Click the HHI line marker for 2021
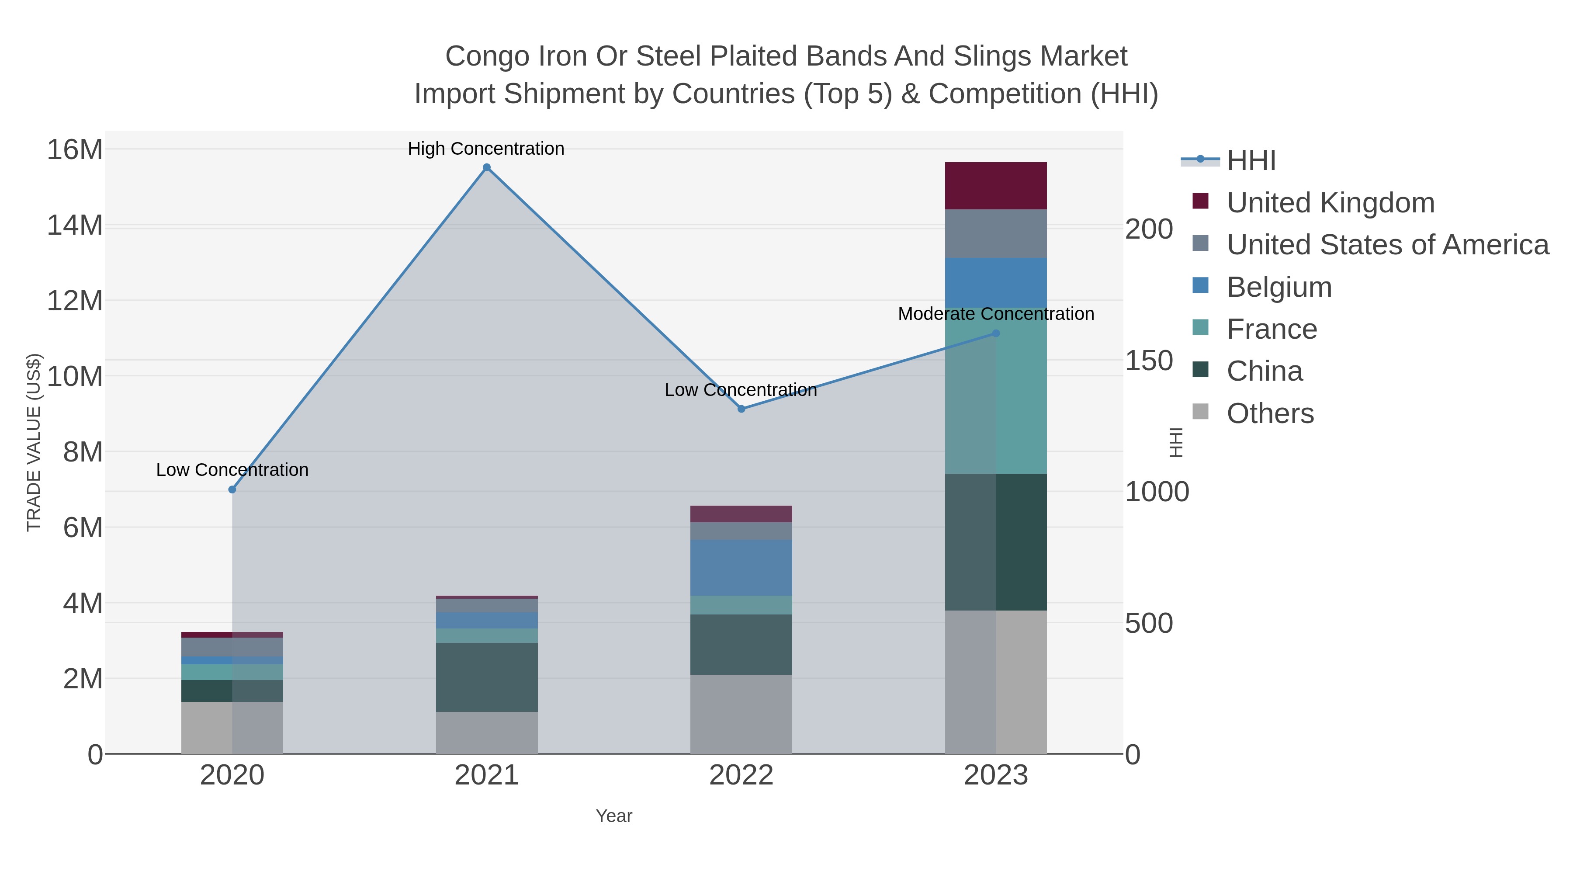[x=487, y=167]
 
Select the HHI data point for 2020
[x=232, y=489]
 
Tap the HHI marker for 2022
[x=741, y=409]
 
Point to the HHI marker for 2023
[x=996, y=333]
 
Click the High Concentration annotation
[x=486, y=149]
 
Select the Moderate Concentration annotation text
[x=996, y=314]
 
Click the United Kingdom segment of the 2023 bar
[x=996, y=186]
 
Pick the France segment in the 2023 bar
[x=996, y=391]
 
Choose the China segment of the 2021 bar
[x=487, y=677]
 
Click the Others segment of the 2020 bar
[x=232, y=727]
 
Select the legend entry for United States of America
[x=1387, y=244]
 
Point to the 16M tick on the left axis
[x=74, y=149]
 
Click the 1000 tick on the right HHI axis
[x=1157, y=492]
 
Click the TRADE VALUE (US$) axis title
[x=34, y=442]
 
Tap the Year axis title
[x=614, y=816]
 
